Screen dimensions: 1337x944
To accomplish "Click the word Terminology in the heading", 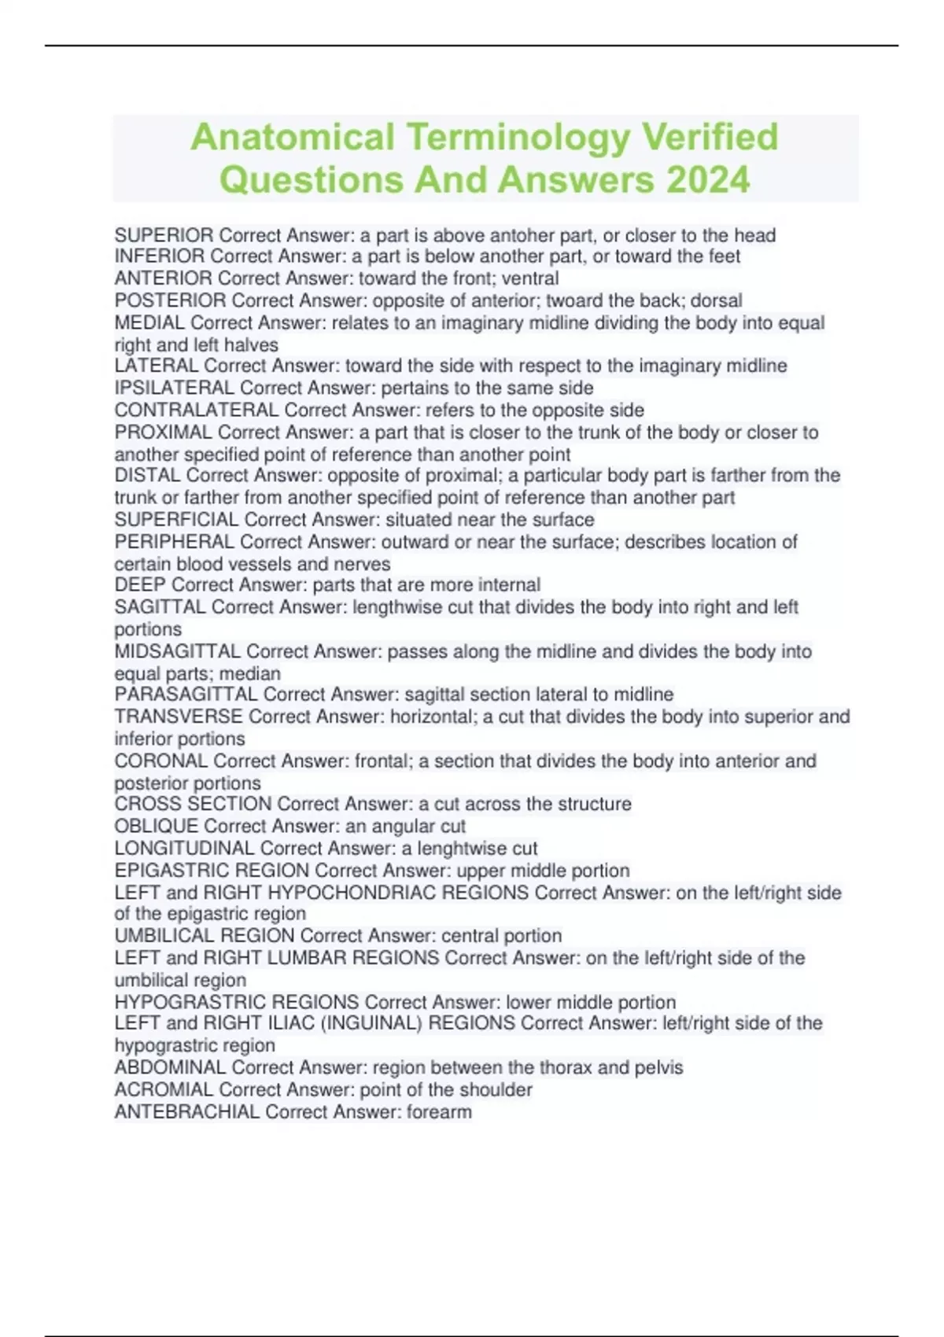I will (x=518, y=137).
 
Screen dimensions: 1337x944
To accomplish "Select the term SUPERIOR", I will (x=164, y=235).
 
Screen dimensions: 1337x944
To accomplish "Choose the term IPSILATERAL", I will (x=174, y=388).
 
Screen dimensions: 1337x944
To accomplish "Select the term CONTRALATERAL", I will (x=196, y=410).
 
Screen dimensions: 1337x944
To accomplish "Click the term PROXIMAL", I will (x=163, y=432).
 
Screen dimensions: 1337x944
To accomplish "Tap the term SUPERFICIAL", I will (x=176, y=520).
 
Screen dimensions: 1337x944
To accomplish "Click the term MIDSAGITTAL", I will (x=177, y=651).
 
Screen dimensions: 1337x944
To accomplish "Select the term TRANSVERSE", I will (x=178, y=716).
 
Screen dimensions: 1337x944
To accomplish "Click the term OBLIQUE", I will (x=156, y=826).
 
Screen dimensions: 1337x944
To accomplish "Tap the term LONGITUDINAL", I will (x=184, y=848).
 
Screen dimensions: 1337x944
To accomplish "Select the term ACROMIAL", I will (x=164, y=1089).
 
